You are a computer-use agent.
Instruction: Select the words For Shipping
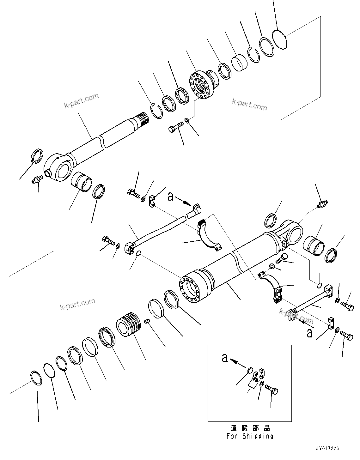250,436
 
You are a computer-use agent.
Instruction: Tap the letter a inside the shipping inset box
225,358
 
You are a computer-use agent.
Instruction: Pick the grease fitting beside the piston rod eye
36,180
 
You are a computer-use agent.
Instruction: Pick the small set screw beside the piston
146,321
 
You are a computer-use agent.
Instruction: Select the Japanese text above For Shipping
250,428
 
